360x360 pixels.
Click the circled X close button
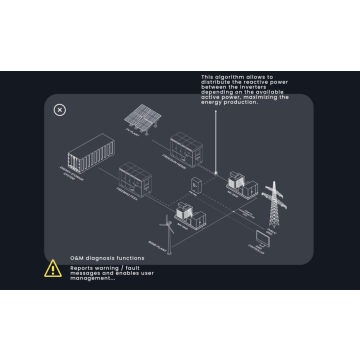tap(59, 110)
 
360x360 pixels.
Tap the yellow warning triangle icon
tap(53, 268)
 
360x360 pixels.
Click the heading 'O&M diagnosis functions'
tap(106, 258)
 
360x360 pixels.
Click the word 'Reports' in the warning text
tap(82, 267)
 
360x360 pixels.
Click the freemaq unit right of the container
tap(136, 178)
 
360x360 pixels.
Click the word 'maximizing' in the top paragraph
tap(268, 96)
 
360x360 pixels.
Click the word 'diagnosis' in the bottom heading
tap(108, 258)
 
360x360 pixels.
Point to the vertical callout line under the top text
tap(241, 130)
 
